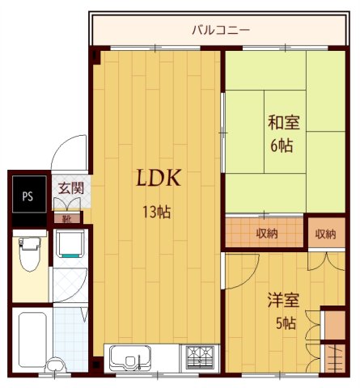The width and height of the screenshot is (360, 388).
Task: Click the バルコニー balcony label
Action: click(x=221, y=30)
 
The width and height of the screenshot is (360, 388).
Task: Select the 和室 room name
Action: click(x=283, y=124)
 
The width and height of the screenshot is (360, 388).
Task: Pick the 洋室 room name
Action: click(x=283, y=301)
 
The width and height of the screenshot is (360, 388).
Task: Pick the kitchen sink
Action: click(x=130, y=356)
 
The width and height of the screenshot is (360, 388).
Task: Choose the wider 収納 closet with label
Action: click(x=265, y=233)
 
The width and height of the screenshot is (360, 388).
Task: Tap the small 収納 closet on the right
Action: click(x=324, y=234)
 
